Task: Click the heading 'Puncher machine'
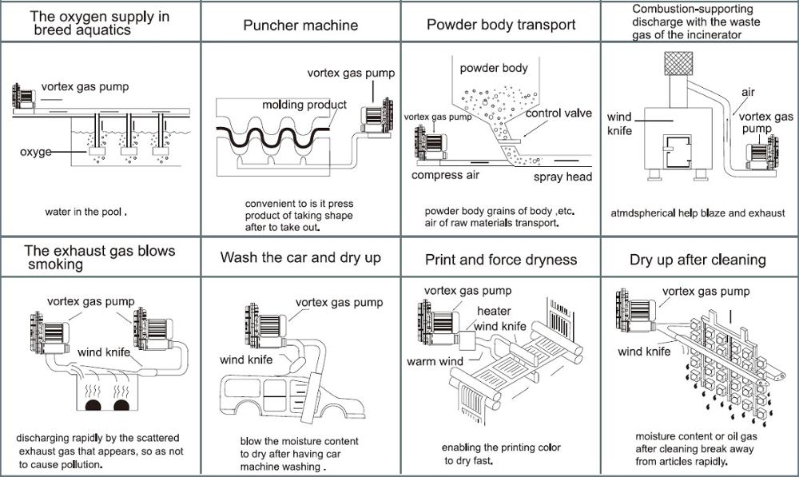click(300, 25)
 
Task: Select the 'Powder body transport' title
click(501, 25)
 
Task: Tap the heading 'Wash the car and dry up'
click(300, 258)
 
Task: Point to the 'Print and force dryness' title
click(501, 259)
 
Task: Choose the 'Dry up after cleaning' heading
click(698, 259)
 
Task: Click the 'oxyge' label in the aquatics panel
click(35, 152)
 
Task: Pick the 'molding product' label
click(304, 105)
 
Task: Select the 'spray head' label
click(562, 177)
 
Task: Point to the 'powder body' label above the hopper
click(494, 68)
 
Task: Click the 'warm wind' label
click(435, 362)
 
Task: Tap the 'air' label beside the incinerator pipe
click(748, 92)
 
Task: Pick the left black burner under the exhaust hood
click(95, 406)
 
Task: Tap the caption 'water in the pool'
click(86, 213)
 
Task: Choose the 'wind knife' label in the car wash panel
click(244, 360)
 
